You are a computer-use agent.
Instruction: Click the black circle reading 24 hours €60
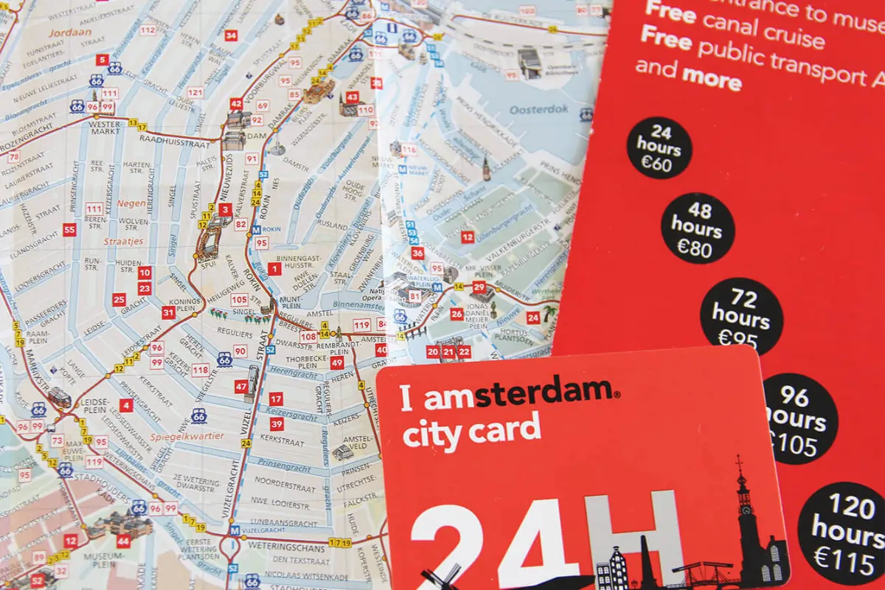point(659,148)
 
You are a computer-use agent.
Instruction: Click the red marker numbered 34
point(231,35)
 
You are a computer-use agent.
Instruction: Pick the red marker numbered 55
point(69,230)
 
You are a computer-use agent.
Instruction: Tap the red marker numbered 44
point(123,542)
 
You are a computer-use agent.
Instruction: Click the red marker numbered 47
point(241,386)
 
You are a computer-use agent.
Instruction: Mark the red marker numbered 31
point(168,313)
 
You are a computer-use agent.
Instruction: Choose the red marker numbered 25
point(119,299)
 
